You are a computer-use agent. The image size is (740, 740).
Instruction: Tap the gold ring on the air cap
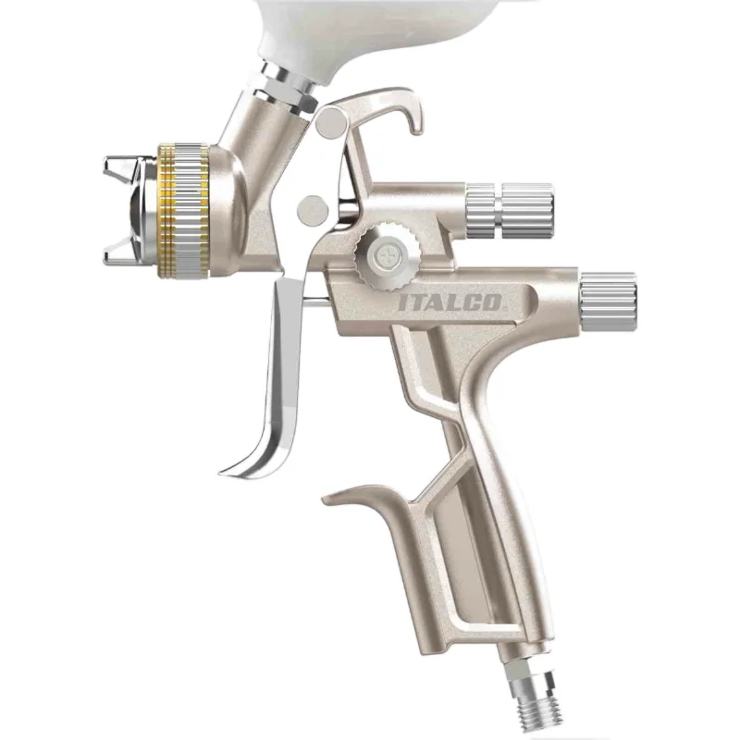coord(166,209)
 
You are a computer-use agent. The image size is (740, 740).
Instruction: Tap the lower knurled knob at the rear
coord(608,302)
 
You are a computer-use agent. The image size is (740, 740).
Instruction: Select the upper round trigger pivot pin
coord(332,122)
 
